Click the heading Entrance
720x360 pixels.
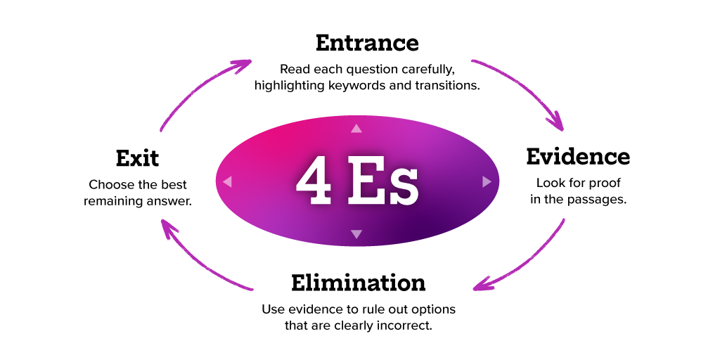click(x=367, y=43)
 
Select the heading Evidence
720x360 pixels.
click(x=578, y=156)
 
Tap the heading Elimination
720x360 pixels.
click(x=358, y=283)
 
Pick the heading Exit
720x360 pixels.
click(x=137, y=158)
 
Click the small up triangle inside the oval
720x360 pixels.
click(x=356, y=129)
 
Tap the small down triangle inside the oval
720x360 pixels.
click(x=356, y=234)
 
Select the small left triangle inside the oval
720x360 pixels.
click(x=227, y=182)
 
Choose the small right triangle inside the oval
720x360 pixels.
click(x=487, y=182)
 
